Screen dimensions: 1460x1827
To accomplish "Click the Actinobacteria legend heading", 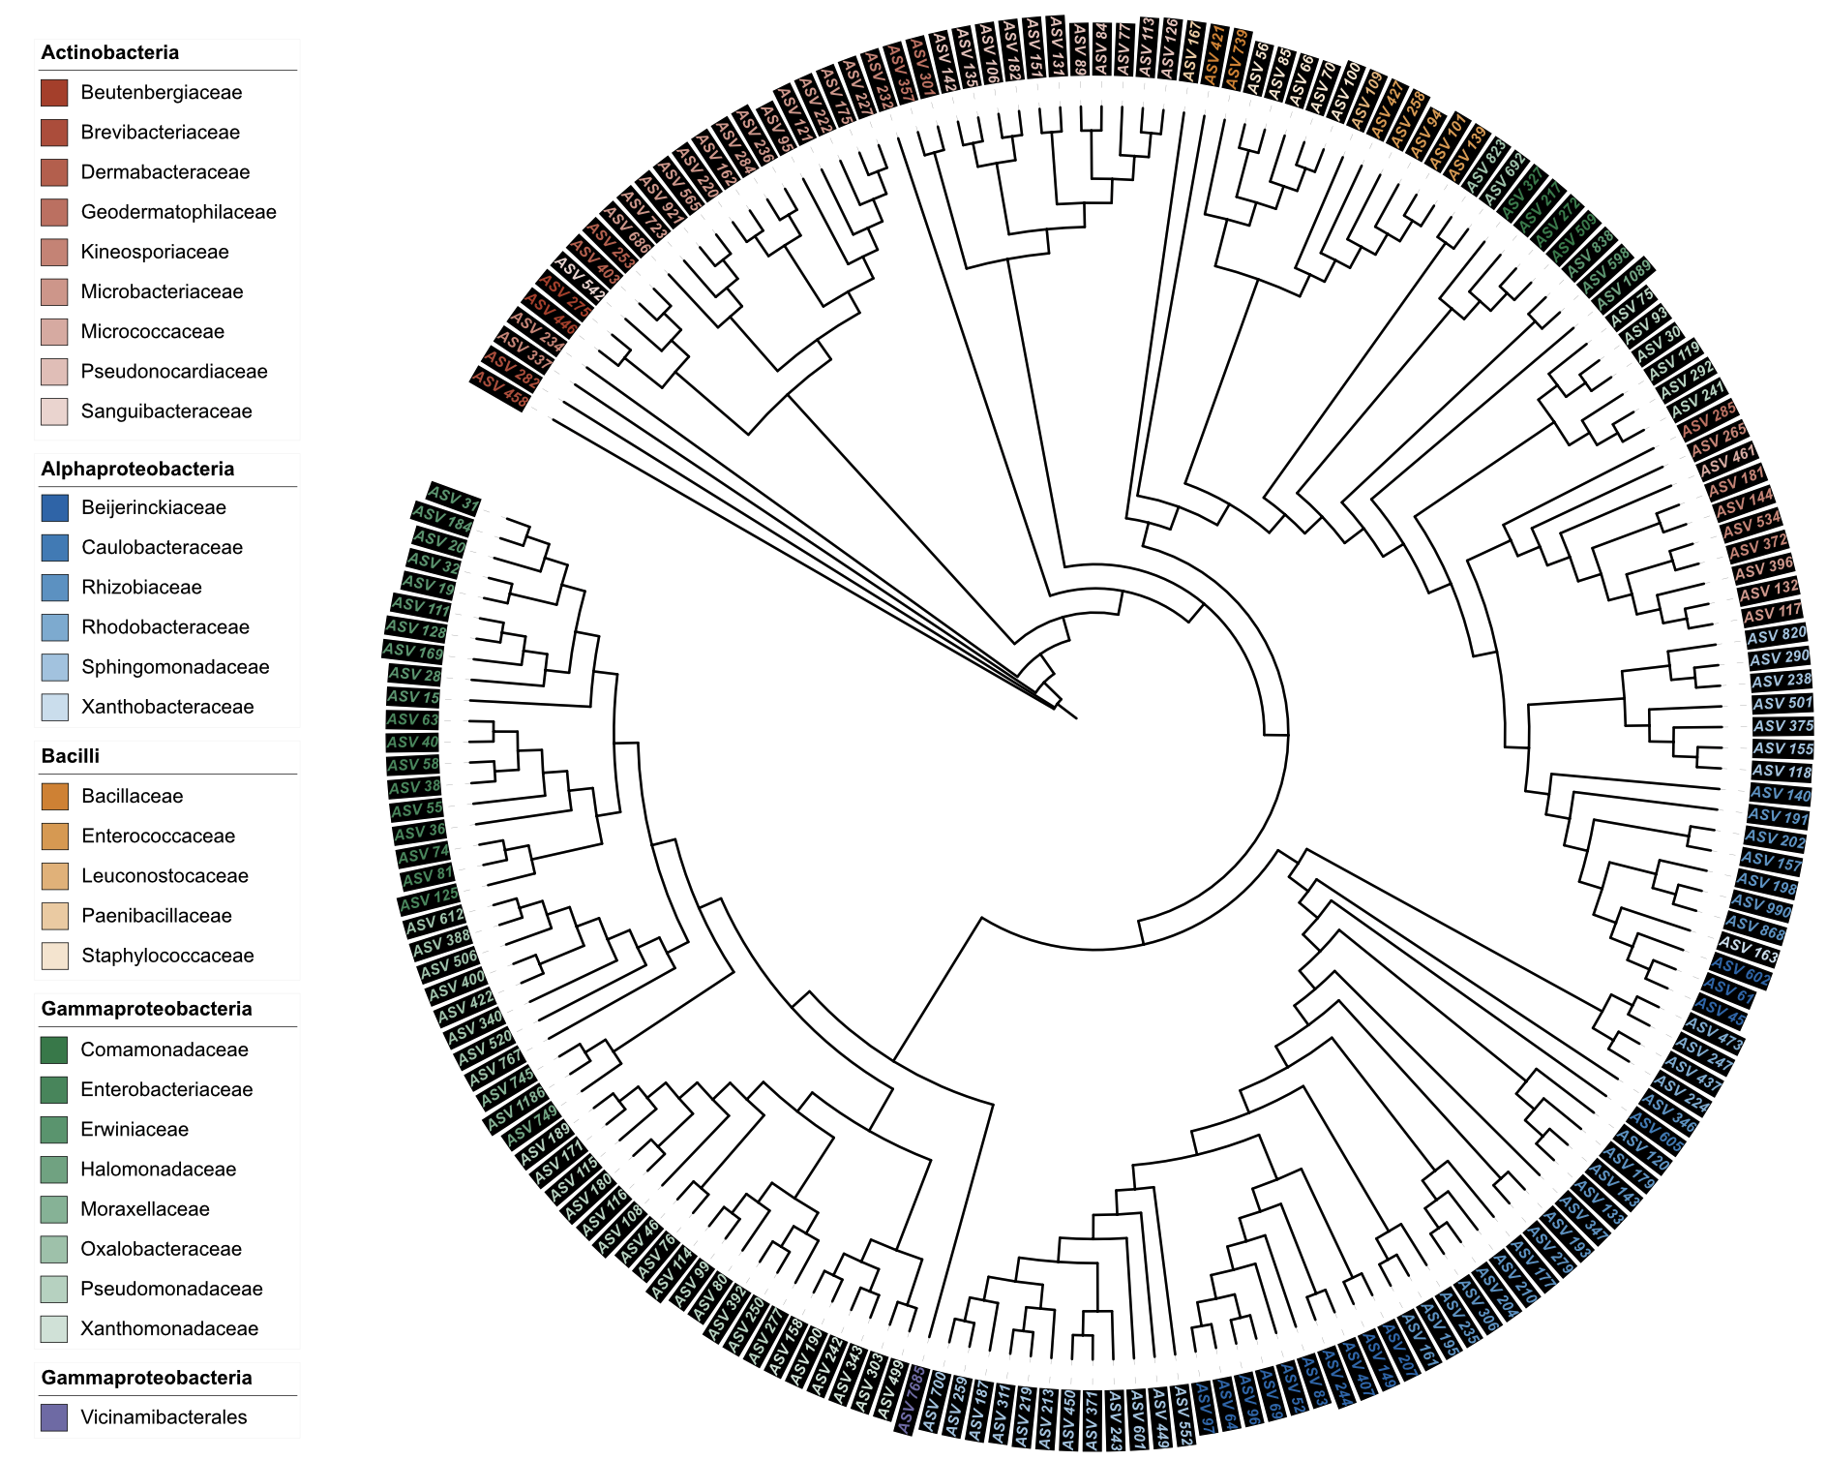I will (x=109, y=53).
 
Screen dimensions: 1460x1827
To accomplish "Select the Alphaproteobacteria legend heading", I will (x=137, y=470).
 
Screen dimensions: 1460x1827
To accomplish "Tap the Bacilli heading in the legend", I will (x=70, y=756).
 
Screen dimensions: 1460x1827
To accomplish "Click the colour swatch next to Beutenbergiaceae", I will (x=54, y=93).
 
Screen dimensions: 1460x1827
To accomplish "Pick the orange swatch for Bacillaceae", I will (x=54, y=797).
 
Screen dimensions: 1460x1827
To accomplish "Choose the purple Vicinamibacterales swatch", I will (x=54, y=1417).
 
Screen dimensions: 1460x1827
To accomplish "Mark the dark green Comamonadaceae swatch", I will (x=54, y=1049).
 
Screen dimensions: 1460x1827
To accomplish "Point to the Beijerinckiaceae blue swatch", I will (x=54, y=507).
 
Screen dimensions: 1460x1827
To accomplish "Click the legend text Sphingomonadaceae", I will (x=175, y=667).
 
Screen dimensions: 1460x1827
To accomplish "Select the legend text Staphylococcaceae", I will (x=167, y=956).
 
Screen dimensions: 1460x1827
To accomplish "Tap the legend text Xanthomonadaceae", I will (x=169, y=1328).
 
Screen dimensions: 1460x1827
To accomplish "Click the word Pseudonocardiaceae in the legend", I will (x=174, y=372).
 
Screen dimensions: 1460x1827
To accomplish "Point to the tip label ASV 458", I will (x=501, y=389).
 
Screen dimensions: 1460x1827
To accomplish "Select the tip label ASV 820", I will (x=1777, y=635).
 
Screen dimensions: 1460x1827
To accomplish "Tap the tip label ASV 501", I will (x=1782, y=703).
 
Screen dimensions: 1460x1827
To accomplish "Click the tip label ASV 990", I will (x=1765, y=906).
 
